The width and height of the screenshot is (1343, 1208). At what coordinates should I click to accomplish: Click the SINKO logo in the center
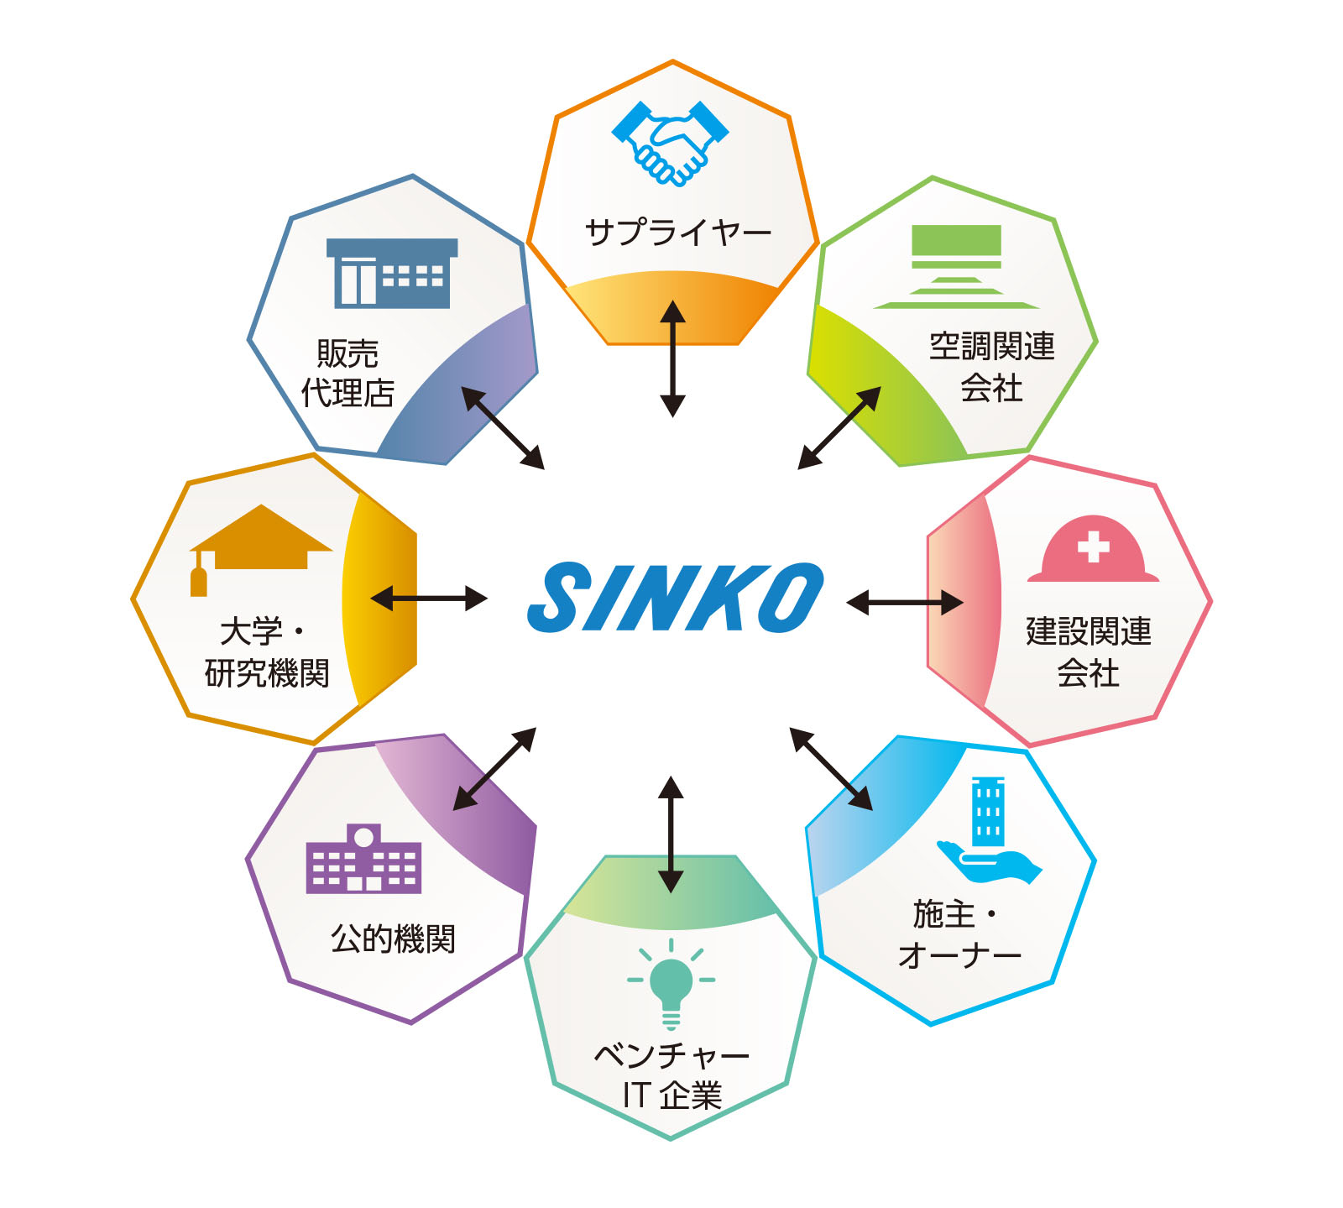point(676,597)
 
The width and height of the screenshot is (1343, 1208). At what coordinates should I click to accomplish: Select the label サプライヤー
point(678,232)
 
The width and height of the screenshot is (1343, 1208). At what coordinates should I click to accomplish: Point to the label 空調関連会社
point(992,367)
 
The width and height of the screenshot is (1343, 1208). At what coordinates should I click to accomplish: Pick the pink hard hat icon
point(1093,548)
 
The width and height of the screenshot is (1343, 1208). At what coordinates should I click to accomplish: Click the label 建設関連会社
point(1089,652)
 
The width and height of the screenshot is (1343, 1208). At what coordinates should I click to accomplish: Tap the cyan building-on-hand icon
point(989,829)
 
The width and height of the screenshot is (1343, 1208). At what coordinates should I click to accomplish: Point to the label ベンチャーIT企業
point(671,1075)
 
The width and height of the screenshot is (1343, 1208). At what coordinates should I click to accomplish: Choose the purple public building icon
point(363,858)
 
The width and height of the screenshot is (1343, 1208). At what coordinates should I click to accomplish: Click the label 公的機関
point(393,939)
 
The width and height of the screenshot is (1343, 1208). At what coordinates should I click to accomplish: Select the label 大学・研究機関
point(267,652)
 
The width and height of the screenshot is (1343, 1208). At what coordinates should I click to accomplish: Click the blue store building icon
point(392,274)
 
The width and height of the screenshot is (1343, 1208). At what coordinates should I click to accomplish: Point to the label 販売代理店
point(348,373)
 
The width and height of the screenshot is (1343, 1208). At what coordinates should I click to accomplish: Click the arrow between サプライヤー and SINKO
point(672,358)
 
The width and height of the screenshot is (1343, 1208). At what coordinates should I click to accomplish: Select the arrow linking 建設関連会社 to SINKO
point(905,602)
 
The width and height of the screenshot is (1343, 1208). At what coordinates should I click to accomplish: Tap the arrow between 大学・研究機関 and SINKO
point(429,599)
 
